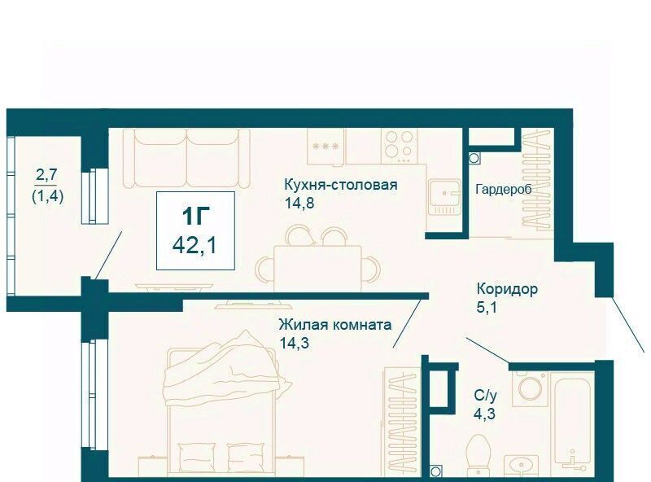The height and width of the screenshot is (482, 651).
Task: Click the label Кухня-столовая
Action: (x=340, y=185)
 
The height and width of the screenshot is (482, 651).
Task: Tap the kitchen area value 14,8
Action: (x=299, y=204)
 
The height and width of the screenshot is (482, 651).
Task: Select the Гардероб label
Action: (x=503, y=190)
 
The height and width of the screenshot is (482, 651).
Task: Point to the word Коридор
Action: (x=507, y=288)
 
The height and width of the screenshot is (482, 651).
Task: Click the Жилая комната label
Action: (x=335, y=324)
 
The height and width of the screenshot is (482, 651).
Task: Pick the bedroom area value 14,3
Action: (x=295, y=343)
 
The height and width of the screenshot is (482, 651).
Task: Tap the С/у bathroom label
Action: (x=485, y=396)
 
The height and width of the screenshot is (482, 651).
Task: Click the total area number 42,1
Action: (x=194, y=246)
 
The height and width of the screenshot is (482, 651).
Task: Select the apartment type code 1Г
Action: (x=195, y=216)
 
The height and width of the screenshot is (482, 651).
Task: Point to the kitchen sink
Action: (x=444, y=197)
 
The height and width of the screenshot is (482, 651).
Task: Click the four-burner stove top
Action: (x=399, y=146)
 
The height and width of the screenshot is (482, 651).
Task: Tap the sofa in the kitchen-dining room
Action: (x=187, y=158)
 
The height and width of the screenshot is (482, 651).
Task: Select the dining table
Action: (x=317, y=269)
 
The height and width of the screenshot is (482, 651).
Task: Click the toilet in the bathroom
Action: (x=478, y=456)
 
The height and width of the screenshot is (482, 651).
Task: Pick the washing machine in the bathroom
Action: (x=530, y=388)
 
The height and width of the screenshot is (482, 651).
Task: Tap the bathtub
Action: (x=573, y=424)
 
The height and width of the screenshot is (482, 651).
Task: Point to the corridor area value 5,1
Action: (x=487, y=308)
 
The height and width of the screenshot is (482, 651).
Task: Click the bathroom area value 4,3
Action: (x=485, y=414)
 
